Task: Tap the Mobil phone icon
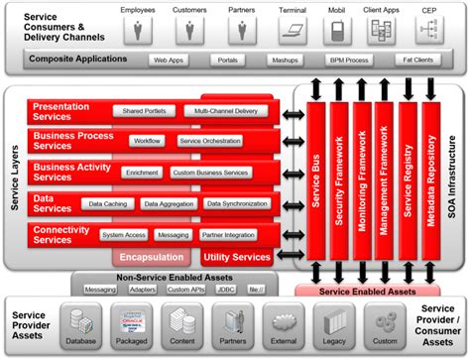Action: point(337,30)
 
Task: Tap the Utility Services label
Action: point(236,257)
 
